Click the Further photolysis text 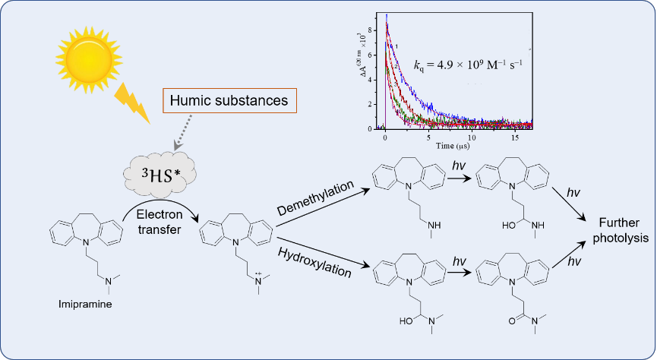pos(621,230)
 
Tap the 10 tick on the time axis pos(472,136)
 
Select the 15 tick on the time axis pos(516,136)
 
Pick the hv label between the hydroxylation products pos(459,261)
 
